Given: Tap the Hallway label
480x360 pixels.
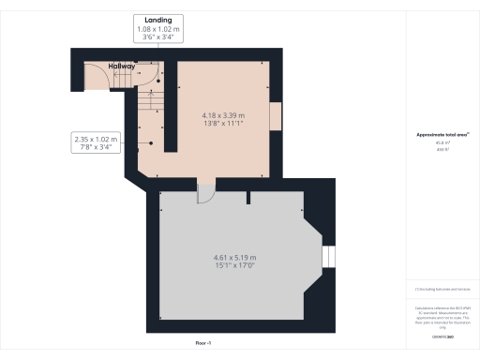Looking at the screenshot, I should click(122, 67).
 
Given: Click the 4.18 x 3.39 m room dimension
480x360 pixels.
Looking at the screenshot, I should click(222, 113).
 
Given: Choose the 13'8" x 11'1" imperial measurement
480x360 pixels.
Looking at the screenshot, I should click(222, 123).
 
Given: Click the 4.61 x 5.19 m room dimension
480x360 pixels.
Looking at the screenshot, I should click(235, 257).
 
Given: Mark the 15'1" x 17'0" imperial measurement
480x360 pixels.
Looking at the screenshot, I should click(235, 266).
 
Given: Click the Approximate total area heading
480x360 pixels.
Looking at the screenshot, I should click(442, 135).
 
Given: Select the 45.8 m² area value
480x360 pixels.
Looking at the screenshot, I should click(442, 143).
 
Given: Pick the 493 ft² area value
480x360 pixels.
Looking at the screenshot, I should click(442, 150).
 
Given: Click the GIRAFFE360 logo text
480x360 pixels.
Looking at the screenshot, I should click(442, 335).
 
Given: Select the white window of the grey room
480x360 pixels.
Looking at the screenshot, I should click(328, 257).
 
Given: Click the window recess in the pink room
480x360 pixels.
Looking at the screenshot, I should click(274, 116).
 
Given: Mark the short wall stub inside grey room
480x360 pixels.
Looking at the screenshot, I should click(247, 198).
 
